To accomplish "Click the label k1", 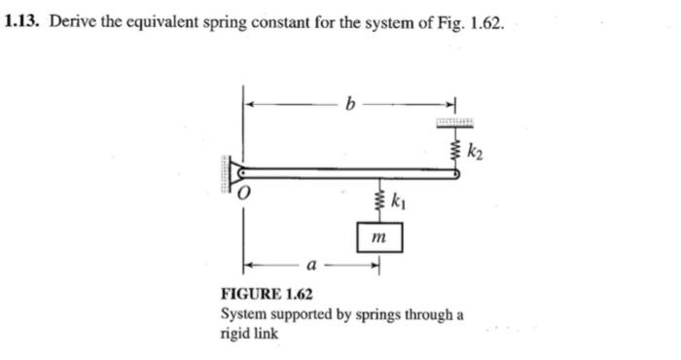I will [398, 203].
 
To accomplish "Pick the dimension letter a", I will [309, 264].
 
